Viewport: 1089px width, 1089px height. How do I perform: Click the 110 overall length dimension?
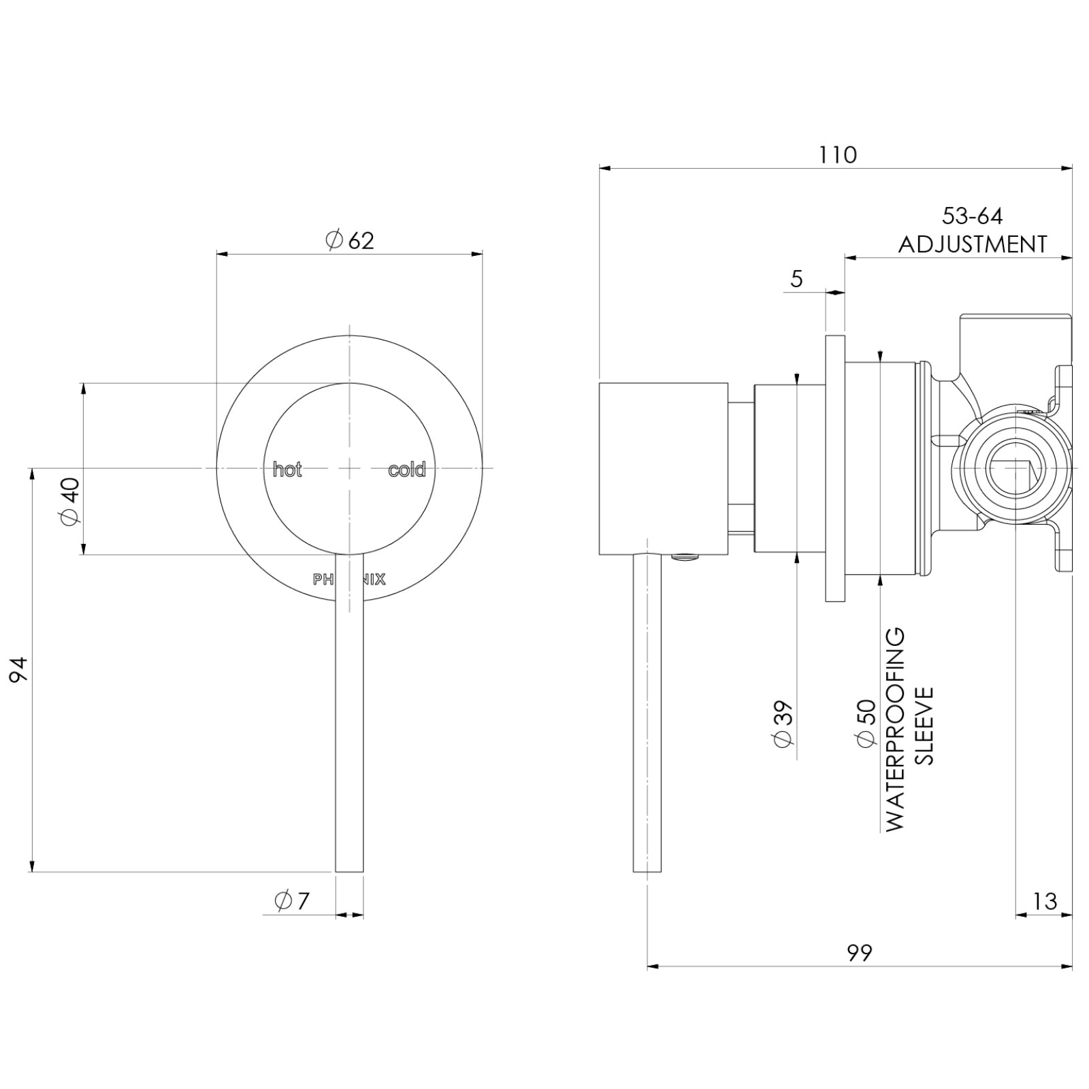(x=836, y=155)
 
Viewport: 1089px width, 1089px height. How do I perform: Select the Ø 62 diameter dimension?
(x=350, y=240)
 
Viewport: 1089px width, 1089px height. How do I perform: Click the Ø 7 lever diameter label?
(x=292, y=900)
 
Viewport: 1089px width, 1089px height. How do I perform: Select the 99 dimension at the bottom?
(x=859, y=952)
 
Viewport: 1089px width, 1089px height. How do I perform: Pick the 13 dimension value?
(x=1044, y=901)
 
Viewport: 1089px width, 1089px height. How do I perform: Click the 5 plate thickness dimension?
(x=797, y=278)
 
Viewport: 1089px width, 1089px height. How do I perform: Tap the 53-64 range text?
(x=972, y=216)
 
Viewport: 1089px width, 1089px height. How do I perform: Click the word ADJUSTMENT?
(x=972, y=244)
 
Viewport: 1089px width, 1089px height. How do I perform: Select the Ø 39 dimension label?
(x=783, y=723)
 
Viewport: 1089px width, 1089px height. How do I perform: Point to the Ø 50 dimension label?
(x=865, y=723)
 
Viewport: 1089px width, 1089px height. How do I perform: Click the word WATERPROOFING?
(x=895, y=729)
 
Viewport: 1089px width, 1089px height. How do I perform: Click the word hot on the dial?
(x=287, y=470)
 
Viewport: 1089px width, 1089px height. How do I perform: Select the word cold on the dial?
(x=406, y=470)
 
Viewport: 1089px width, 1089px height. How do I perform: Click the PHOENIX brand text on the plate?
(x=349, y=580)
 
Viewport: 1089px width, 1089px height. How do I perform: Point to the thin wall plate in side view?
(x=835, y=468)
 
